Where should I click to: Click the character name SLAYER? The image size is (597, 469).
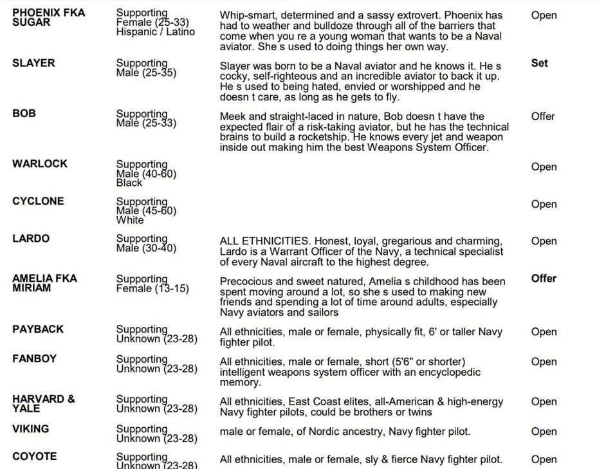(33, 63)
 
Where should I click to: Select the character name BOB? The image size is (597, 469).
(23, 113)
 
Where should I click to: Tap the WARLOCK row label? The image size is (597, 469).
(39, 163)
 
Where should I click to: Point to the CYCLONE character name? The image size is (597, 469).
(38, 201)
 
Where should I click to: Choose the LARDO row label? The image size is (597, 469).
(31, 239)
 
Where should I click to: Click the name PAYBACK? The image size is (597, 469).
(38, 329)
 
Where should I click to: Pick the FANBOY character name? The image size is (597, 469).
(34, 358)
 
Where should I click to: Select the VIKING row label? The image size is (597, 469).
(30, 429)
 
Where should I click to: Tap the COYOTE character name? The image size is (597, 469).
(34, 457)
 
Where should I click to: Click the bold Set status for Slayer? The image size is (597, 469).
(539, 63)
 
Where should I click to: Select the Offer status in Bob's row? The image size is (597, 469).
(543, 116)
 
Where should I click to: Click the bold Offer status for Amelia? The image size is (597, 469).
(544, 279)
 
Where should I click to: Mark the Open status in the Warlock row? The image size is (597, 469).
(544, 167)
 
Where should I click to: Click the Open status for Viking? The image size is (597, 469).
(544, 432)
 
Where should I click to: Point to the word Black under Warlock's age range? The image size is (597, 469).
(129, 183)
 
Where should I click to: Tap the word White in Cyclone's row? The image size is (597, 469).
(130, 220)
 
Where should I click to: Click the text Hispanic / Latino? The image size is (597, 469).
(155, 32)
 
